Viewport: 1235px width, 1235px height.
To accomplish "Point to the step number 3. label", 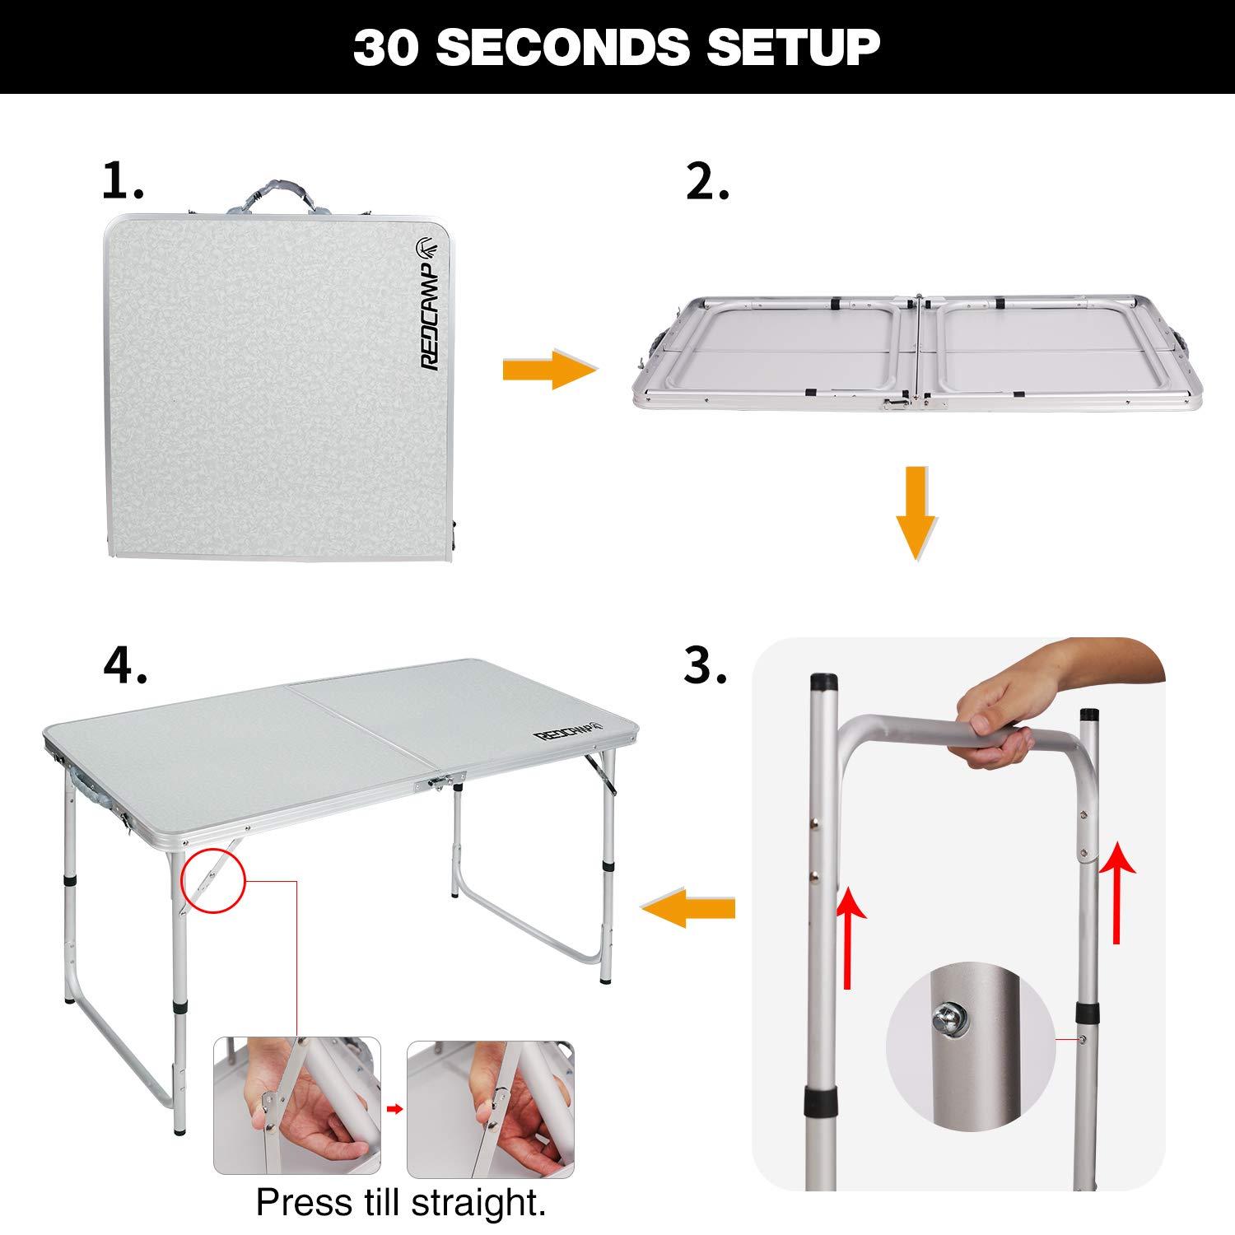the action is click(706, 664).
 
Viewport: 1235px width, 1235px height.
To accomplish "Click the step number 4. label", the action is click(125, 664).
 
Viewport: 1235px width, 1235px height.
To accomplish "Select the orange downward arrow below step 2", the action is click(916, 514).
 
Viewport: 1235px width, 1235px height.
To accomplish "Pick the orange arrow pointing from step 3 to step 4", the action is click(687, 907).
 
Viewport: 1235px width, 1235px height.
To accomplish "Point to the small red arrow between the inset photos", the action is click(395, 1109).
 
